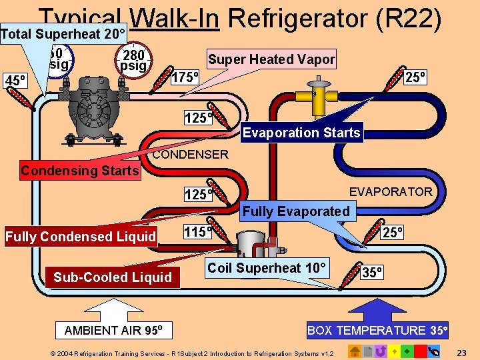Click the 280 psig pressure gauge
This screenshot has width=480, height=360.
[x=132, y=59]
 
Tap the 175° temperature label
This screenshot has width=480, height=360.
[x=185, y=77]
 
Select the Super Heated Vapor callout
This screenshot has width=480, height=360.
[x=271, y=59]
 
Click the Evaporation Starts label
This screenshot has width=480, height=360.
[x=301, y=133]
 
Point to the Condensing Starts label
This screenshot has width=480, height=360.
[x=79, y=171]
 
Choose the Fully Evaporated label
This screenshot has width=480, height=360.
[x=296, y=211]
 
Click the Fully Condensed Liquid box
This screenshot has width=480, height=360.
[x=81, y=237]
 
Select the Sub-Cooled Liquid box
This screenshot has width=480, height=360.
[x=113, y=277]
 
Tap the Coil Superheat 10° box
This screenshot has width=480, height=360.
[x=267, y=268]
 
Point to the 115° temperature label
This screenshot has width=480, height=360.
[x=197, y=232]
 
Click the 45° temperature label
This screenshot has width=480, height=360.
[x=15, y=81]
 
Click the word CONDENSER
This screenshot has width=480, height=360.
[x=190, y=155]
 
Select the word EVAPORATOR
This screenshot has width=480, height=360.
[x=391, y=192]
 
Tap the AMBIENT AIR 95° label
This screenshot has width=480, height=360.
[x=118, y=331]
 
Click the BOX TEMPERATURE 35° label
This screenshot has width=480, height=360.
[x=376, y=331]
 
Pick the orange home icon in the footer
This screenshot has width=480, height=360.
[x=355, y=351]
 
